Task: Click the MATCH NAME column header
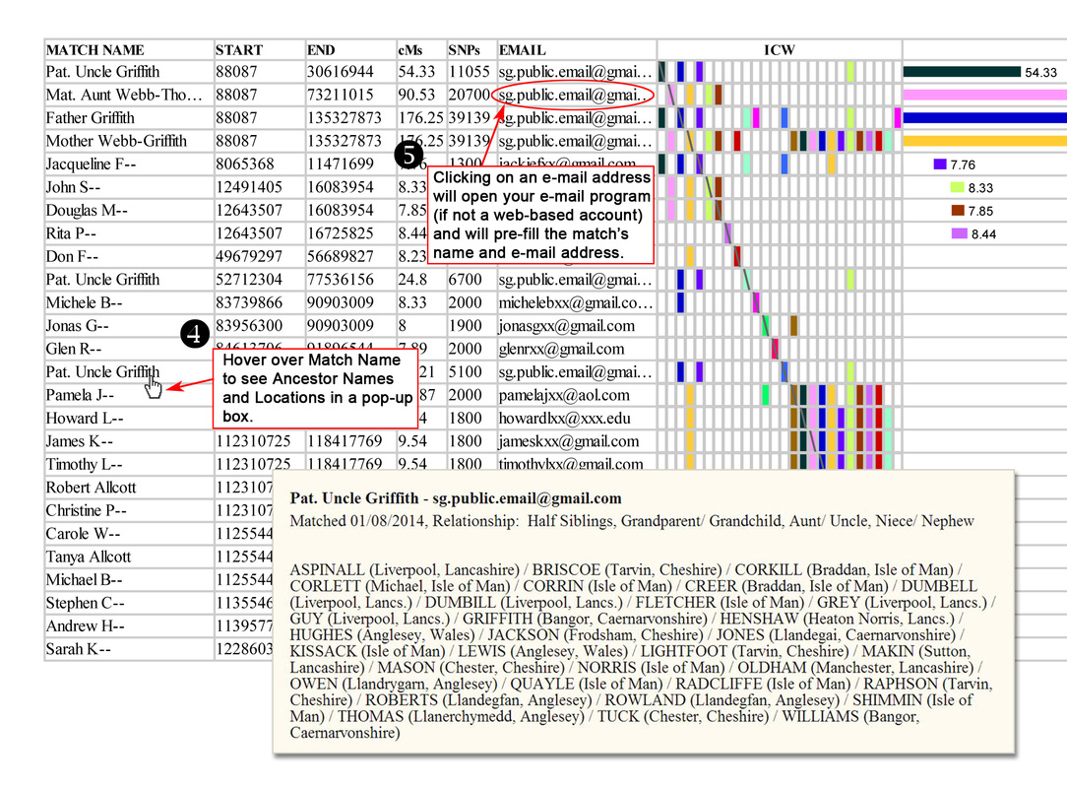(x=95, y=49)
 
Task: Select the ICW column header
(x=780, y=49)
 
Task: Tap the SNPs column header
(x=465, y=49)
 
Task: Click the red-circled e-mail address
(x=575, y=95)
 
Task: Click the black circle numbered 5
(x=408, y=156)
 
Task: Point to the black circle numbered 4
(x=196, y=335)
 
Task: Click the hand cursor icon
(x=153, y=384)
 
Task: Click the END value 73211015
(x=340, y=95)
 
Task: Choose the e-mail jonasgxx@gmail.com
(x=566, y=326)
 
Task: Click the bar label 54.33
(x=1040, y=72)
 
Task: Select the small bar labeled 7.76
(x=940, y=164)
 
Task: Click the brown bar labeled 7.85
(x=958, y=211)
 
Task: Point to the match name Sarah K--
(x=78, y=649)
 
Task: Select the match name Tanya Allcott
(x=88, y=557)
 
